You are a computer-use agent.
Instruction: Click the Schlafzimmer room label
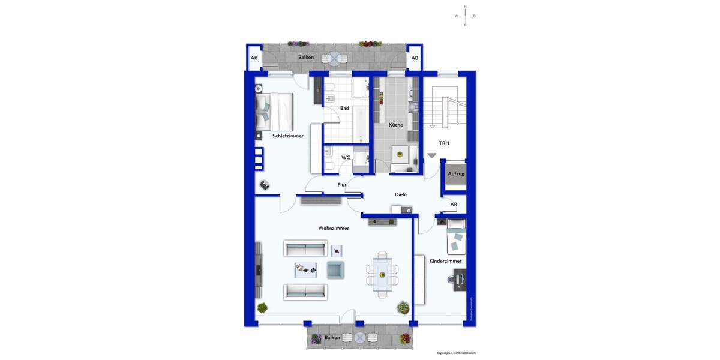tap(288, 136)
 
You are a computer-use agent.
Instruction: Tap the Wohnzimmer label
tap(334, 228)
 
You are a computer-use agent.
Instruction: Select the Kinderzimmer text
tap(445, 261)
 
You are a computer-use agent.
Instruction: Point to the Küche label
tap(396, 125)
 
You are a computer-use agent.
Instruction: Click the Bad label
tap(344, 108)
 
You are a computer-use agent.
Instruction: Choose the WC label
tap(346, 157)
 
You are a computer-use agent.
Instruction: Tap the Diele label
tap(401, 194)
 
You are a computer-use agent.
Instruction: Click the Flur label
tap(342, 185)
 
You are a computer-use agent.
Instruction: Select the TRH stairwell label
tap(444, 143)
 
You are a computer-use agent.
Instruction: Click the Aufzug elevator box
tap(456, 173)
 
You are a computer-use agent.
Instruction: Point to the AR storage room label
tap(454, 205)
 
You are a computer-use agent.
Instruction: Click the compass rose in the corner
tap(465, 16)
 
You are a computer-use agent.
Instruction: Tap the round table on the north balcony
tap(334, 58)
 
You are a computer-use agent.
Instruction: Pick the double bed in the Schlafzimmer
tap(274, 112)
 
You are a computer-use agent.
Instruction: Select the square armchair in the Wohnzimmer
tap(335, 269)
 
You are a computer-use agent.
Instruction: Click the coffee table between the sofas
tap(306, 270)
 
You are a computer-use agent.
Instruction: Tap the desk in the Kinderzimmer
tap(460, 280)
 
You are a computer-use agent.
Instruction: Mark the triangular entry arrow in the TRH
tap(432, 155)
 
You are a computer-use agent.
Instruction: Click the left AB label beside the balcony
tap(254, 58)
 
